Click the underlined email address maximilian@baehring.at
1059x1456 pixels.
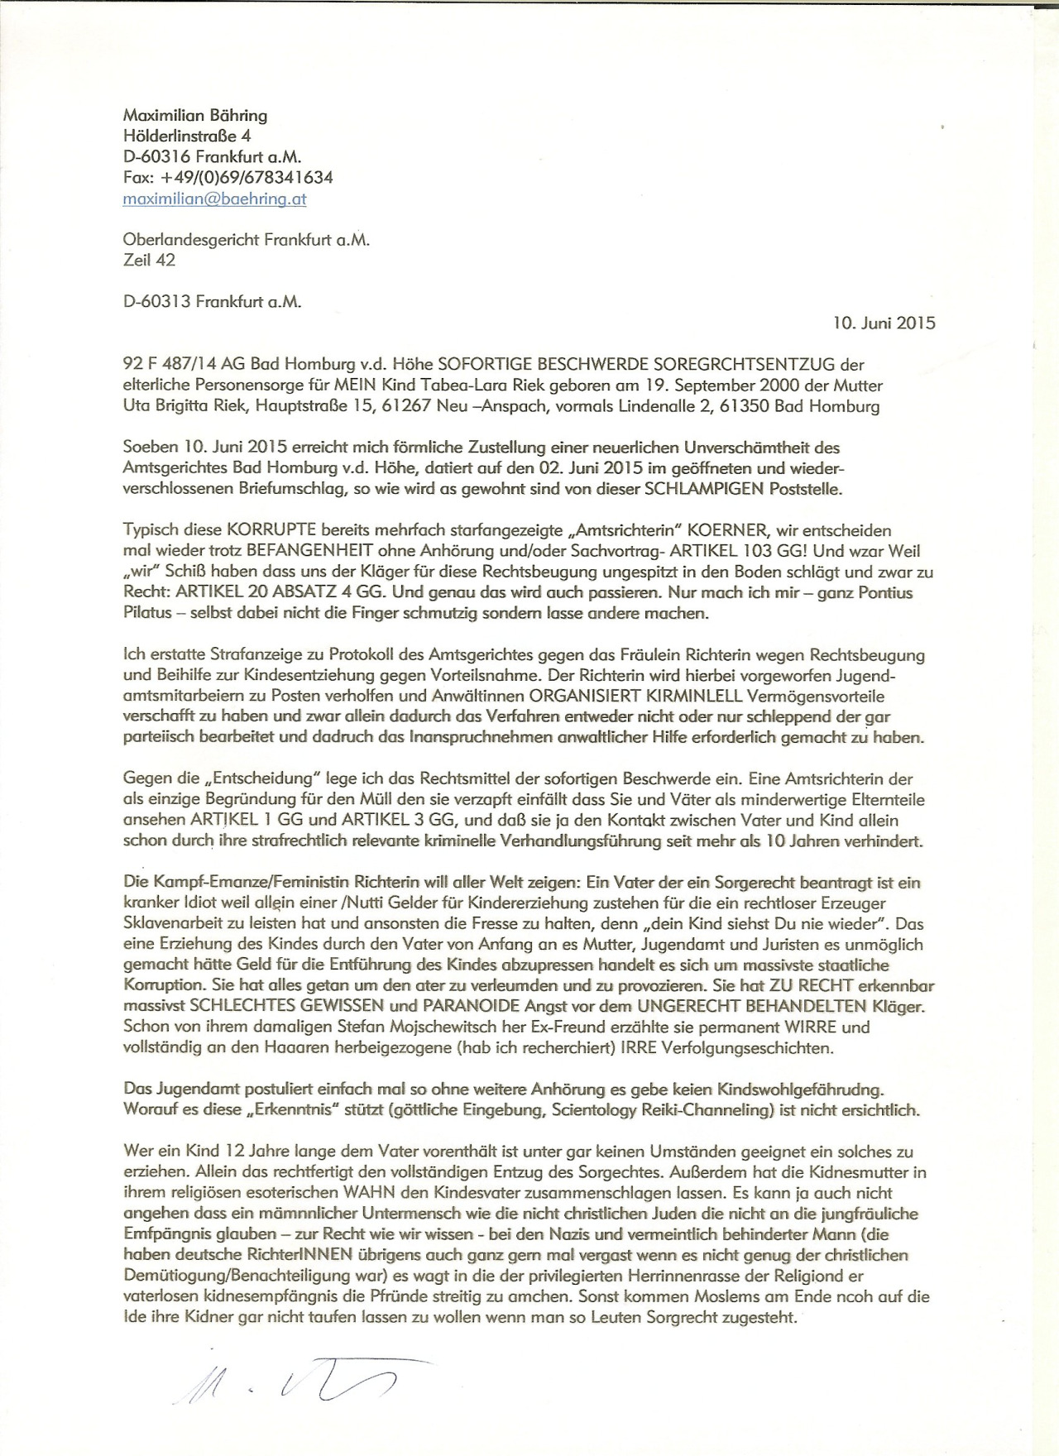214,199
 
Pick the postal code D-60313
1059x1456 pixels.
156,302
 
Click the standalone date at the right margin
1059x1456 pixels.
884,323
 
